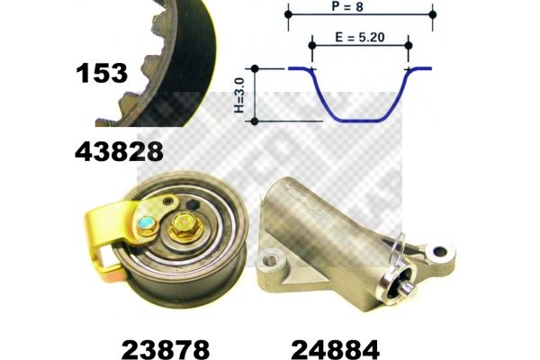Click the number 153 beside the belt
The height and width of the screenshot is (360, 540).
[x=102, y=74]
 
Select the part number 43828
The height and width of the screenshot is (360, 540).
[x=119, y=151]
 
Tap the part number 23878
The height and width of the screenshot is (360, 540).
[x=166, y=350]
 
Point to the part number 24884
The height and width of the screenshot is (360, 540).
[x=336, y=350]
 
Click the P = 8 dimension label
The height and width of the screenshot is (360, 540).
[x=347, y=6]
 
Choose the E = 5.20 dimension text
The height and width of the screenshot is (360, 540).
[x=360, y=37]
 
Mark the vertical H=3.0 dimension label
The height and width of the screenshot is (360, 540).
[x=239, y=95]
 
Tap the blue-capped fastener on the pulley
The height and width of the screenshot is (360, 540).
[x=147, y=225]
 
